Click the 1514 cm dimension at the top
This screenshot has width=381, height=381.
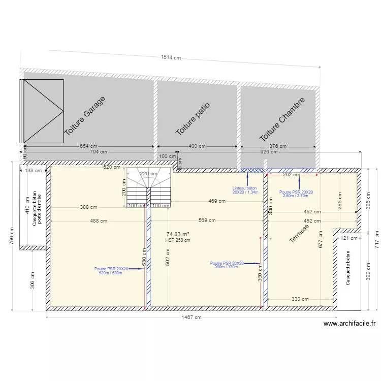click(171, 58)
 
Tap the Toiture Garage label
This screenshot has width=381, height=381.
click(85, 116)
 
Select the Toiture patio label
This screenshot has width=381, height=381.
click(193, 119)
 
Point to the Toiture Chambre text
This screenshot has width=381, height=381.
click(282, 120)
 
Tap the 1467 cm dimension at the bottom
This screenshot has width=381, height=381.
click(191, 317)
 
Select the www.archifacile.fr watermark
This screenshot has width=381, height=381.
click(350, 323)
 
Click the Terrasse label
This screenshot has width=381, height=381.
click(299, 233)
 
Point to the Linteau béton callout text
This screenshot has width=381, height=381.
click(245, 190)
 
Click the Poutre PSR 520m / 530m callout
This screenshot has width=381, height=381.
click(111, 271)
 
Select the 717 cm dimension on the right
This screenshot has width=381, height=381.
click(376, 239)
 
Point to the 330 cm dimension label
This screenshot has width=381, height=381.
click(300, 299)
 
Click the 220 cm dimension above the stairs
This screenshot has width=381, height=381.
click(148, 174)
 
